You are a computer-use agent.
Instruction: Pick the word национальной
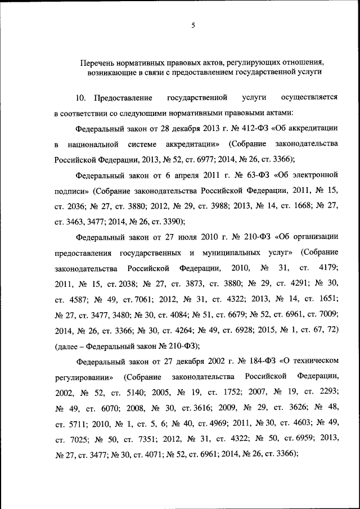[93, 143]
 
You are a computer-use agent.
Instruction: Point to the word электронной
[313, 174]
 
